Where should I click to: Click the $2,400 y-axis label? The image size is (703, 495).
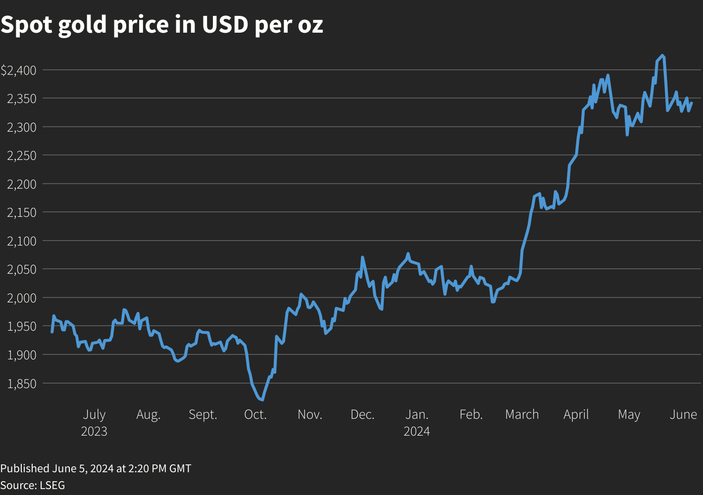[x=19, y=70]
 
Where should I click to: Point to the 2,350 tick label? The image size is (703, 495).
[x=22, y=99]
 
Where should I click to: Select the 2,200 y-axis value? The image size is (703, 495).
[x=22, y=184]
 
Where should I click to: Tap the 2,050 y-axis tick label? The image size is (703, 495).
[x=22, y=269]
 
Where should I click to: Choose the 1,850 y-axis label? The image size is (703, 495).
[x=22, y=383]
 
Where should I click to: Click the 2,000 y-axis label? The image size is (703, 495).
[x=22, y=298]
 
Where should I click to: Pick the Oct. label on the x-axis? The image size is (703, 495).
[x=255, y=415]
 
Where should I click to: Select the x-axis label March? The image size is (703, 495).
[x=522, y=415]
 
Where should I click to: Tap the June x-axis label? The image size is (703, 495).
[x=683, y=415]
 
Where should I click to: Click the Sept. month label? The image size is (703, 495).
[x=203, y=415]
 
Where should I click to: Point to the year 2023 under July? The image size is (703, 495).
[x=94, y=432]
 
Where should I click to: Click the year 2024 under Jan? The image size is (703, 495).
[x=417, y=432]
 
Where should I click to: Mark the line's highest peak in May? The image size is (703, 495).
[x=662, y=55]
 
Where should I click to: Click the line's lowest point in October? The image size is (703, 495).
[x=262, y=400]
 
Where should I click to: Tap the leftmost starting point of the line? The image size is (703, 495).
[x=52, y=332]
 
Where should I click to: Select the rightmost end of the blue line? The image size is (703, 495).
[x=692, y=103]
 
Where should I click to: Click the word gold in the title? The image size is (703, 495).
[x=82, y=25]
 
